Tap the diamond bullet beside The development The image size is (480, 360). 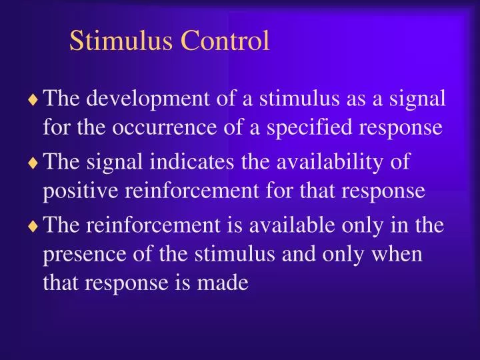coord(33,101)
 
